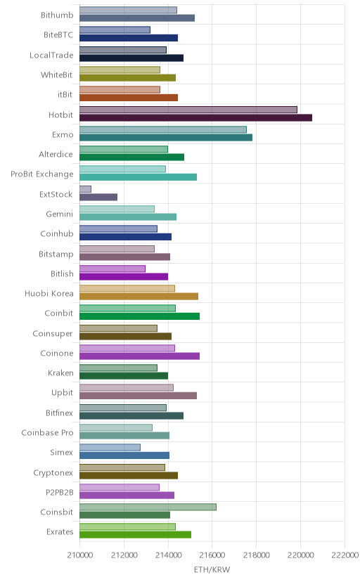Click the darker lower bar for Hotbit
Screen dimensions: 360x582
click(x=195, y=117)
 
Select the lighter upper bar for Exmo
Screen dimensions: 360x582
click(x=163, y=129)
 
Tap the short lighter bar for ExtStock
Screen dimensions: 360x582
click(x=85, y=189)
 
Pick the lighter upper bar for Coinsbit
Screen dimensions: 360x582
click(x=148, y=507)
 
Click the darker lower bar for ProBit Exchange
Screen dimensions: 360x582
click(x=138, y=177)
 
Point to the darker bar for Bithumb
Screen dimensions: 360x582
click(x=137, y=18)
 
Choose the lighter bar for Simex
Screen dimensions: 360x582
click(x=110, y=447)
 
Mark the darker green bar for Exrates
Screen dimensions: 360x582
click(x=135, y=534)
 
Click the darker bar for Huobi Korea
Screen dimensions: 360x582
click(x=139, y=296)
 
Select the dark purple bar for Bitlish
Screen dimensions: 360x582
click(x=124, y=276)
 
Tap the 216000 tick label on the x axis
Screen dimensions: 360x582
click(x=212, y=555)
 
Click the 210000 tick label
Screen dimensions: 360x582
click(x=79, y=555)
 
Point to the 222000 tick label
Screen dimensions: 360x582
click(x=345, y=555)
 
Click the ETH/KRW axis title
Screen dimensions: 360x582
click(x=212, y=570)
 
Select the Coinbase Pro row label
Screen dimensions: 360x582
click(x=48, y=433)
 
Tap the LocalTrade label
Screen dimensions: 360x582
click(x=51, y=56)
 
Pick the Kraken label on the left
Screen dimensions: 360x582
click(x=60, y=373)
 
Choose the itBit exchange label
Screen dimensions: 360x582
click(x=65, y=95)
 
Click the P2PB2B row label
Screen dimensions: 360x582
click(x=59, y=493)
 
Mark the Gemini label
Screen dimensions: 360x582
click(x=59, y=214)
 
